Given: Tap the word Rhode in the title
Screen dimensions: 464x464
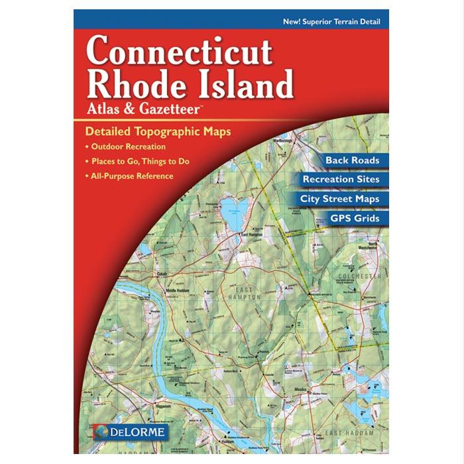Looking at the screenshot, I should (x=126, y=86).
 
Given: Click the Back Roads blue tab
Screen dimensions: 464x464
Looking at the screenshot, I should (x=352, y=160).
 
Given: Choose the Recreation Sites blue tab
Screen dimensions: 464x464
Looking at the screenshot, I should (x=341, y=179).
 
